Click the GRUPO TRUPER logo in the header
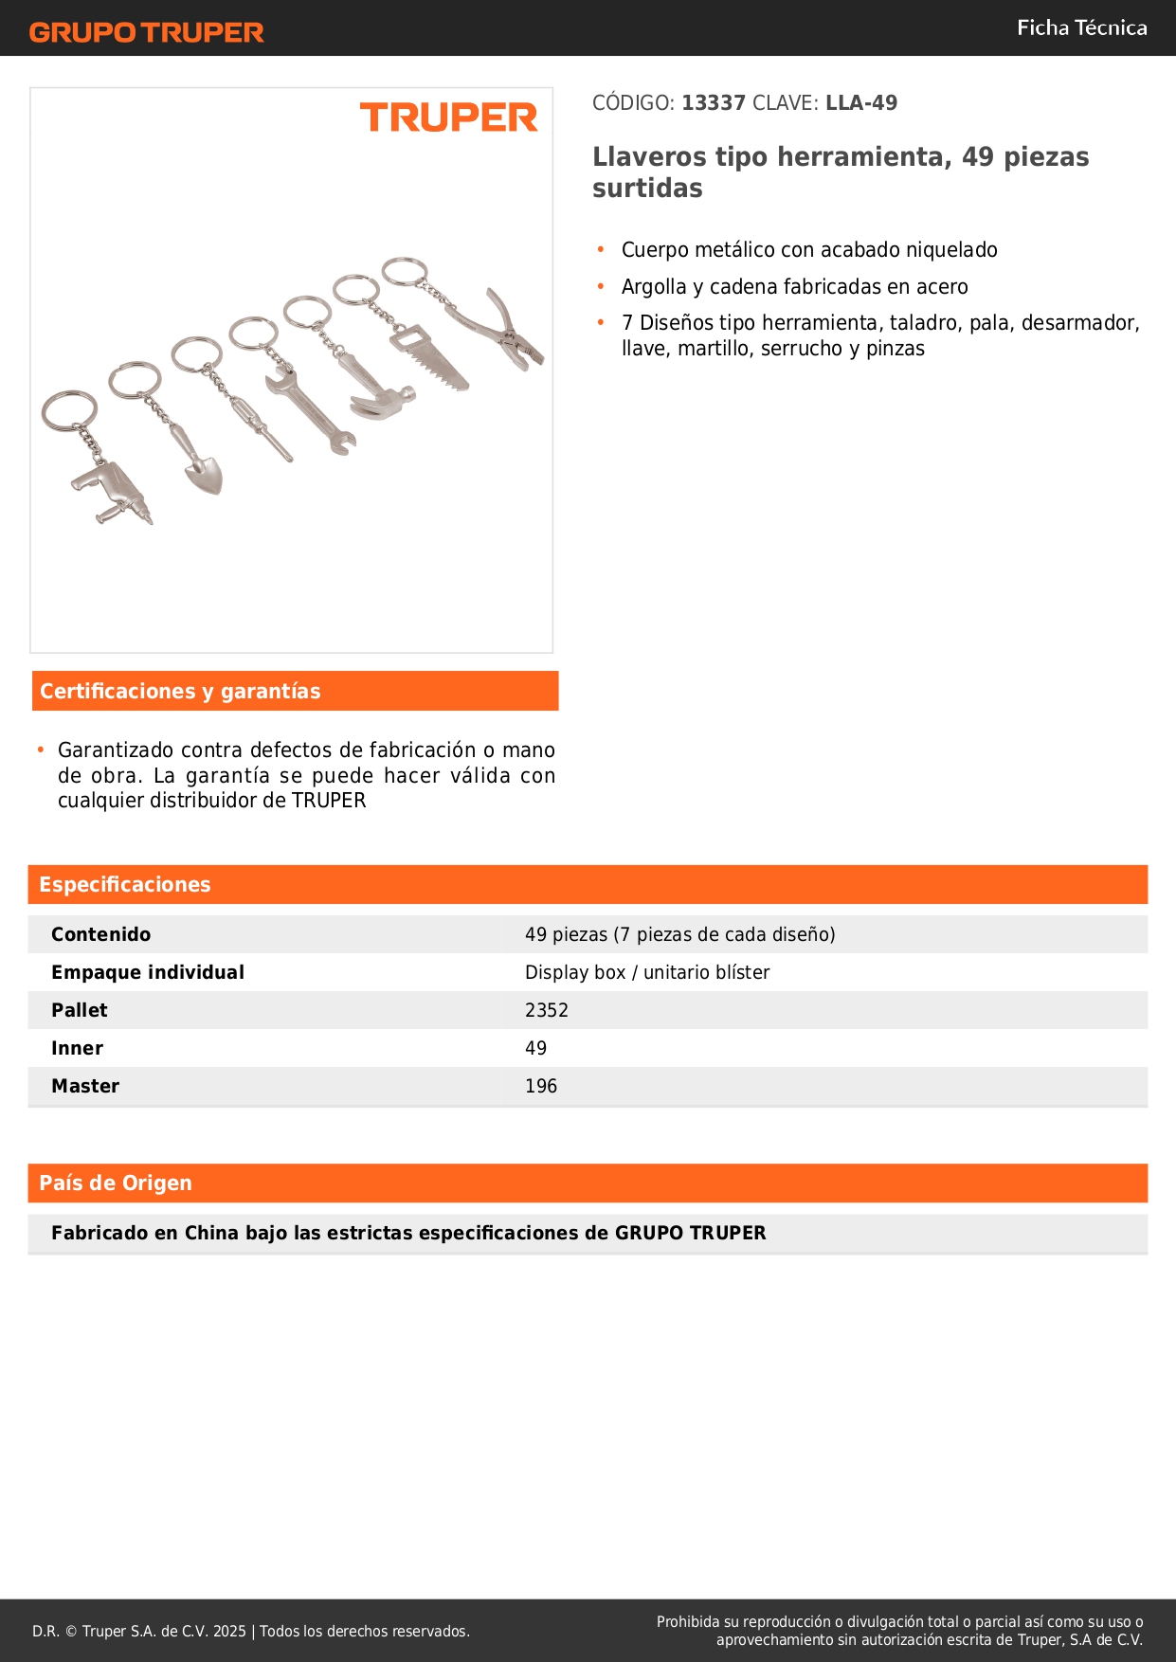pyautogui.click(x=146, y=32)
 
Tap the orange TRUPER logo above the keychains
pyautogui.click(x=448, y=117)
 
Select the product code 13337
pyautogui.click(x=714, y=103)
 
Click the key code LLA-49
pyautogui.click(x=860, y=103)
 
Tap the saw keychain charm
pyautogui.click(x=431, y=358)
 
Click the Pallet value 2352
pyautogui.click(x=547, y=1010)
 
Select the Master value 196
pyautogui.click(x=541, y=1086)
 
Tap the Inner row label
pyautogui.click(x=78, y=1048)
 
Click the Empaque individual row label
pyautogui.click(x=148, y=972)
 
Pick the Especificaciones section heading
pyautogui.click(x=125, y=884)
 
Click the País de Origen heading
pyautogui.click(x=116, y=1183)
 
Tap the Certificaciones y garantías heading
pyautogui.click(x=180, y=691)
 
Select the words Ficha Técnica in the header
pyautogui.click(x=1081, y=28)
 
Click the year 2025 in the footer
pyautogui.click(x=229, y=1631)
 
